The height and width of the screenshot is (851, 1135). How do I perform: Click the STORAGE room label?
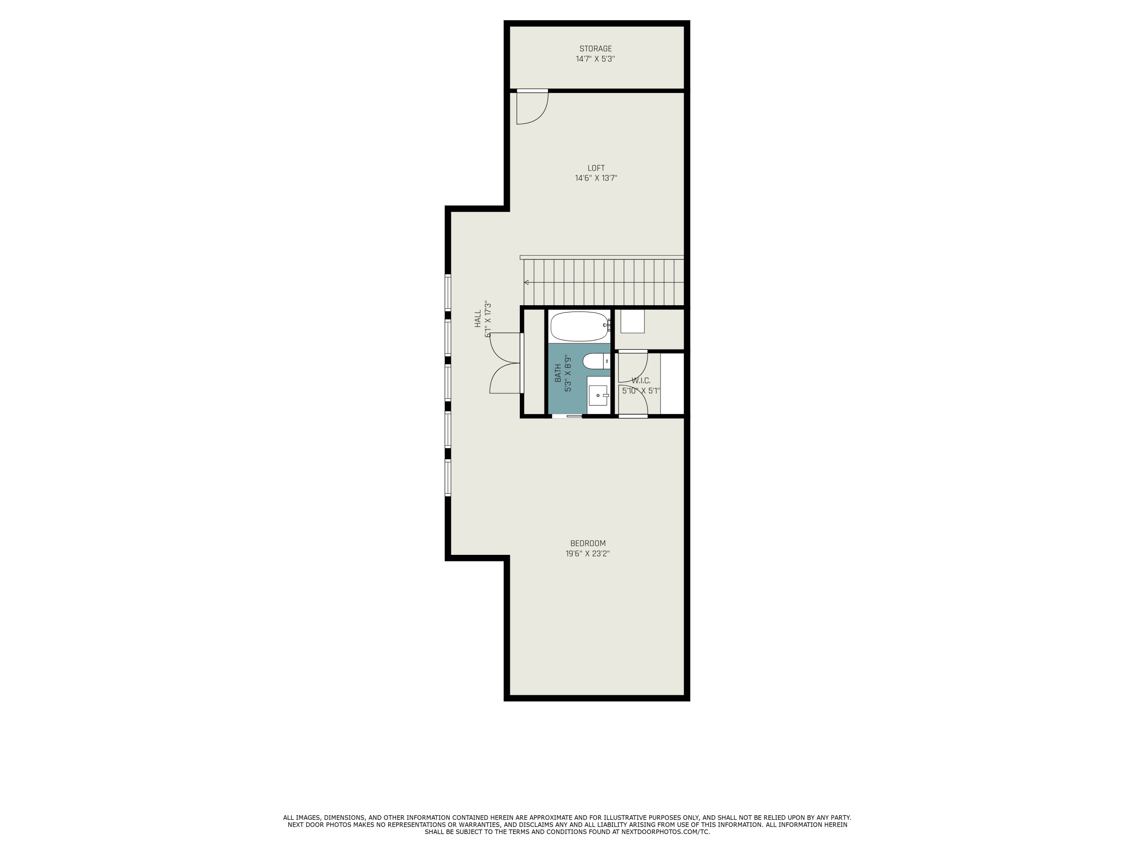595,49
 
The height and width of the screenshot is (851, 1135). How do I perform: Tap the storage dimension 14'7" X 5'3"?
595,59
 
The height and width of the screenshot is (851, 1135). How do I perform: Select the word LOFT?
596,168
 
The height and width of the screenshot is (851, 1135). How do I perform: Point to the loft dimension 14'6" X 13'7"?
596,179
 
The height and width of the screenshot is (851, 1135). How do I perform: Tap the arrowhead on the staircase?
527,282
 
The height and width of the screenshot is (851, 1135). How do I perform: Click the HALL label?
478,318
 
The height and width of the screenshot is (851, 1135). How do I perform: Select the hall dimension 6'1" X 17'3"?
488,318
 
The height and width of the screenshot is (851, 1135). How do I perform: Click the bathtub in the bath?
579,326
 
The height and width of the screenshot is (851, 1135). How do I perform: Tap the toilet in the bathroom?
595,361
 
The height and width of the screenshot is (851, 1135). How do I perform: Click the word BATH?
558,373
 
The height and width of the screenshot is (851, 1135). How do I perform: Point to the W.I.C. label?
641,380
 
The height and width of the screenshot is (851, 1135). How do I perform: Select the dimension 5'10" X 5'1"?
641,391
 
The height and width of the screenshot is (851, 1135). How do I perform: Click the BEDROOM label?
588,543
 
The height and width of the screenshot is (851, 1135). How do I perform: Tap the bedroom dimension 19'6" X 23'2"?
588,553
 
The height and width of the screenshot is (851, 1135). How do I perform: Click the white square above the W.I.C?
632,321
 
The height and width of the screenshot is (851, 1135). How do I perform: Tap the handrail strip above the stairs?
602,257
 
